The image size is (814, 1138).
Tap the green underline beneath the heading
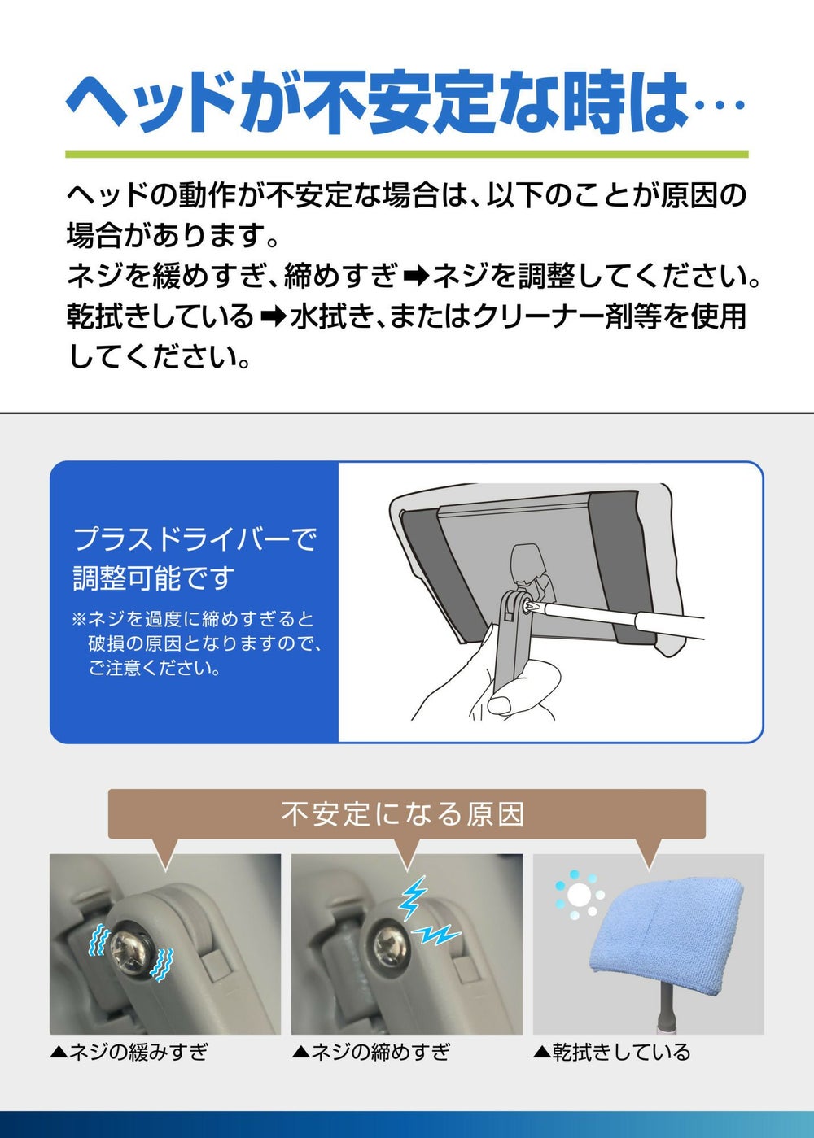(x=407, y=154)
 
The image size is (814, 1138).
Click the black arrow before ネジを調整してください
(x=416, y=278)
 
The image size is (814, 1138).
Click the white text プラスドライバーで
(x=195, y=539)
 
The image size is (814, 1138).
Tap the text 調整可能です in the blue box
(x=155, y=578)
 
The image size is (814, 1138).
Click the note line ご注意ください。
(x=155, y=668)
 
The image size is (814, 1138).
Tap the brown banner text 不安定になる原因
(x=403, y=814)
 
